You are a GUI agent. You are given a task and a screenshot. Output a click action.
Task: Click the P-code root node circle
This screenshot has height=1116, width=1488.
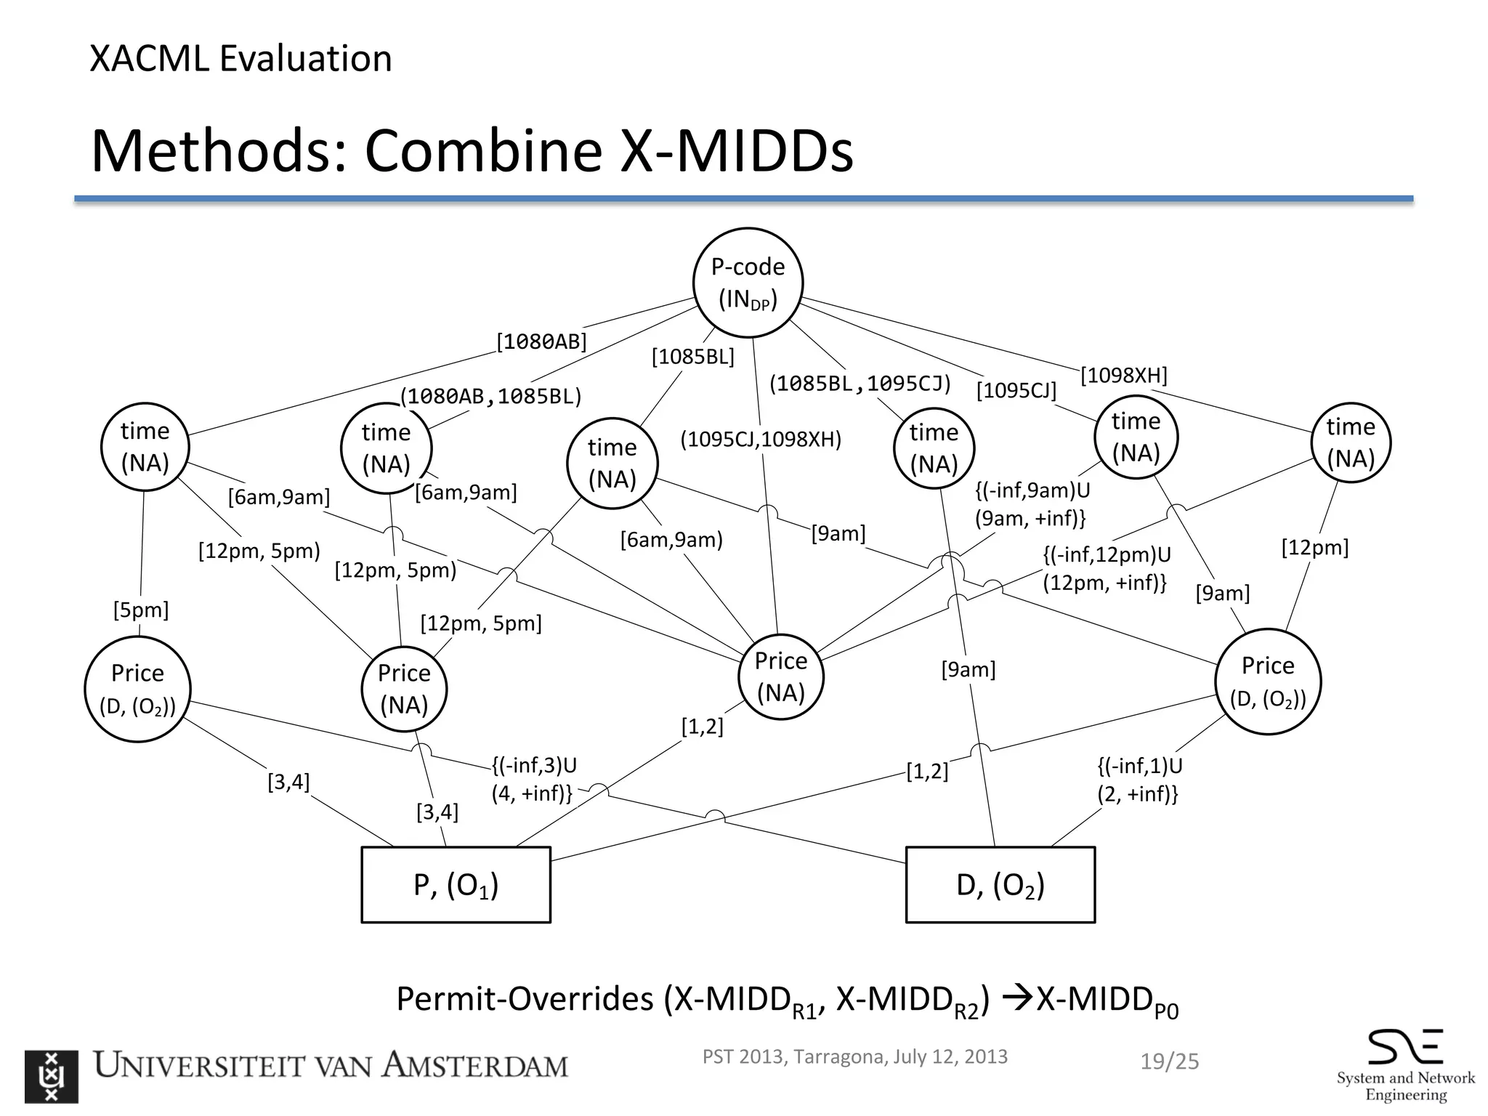point(748,283)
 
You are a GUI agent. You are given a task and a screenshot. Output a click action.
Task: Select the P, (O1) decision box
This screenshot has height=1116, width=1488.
point(456,884)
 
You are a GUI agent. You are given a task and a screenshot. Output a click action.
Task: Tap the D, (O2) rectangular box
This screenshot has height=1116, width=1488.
point(1000,884)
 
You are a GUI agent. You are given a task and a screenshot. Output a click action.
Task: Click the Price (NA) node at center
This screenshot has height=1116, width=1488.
point(781,676)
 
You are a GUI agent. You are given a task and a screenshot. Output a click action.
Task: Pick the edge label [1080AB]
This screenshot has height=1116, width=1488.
point(541,341)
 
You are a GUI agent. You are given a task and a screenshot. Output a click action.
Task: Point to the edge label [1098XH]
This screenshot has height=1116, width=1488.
point(1123,376)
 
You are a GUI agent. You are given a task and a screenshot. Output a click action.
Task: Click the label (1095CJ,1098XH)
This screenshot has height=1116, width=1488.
point(760,440)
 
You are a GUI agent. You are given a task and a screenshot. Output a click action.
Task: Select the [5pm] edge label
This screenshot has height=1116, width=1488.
point(141,610)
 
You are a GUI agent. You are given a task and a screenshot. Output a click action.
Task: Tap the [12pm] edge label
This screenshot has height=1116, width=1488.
point(1314,547)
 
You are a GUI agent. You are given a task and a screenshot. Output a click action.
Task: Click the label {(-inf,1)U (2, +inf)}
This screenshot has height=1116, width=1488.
point(1139,780)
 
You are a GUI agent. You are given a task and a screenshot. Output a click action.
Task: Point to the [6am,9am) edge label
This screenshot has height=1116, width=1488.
point(671,540)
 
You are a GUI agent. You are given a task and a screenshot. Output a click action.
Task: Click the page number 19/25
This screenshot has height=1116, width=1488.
point(1169,1062)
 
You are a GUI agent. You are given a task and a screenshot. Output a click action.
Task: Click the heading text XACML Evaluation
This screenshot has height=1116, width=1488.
point(240,59)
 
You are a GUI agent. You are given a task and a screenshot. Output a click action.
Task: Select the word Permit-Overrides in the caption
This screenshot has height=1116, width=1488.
point(525,999)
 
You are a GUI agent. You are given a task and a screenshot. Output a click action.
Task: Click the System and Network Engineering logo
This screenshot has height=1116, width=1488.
point(1404,1064)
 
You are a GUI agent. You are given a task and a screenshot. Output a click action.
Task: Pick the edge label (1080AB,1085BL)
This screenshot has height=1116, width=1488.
point(491,396)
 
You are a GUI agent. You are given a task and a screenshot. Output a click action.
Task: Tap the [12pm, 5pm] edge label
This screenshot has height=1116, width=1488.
point(481,623)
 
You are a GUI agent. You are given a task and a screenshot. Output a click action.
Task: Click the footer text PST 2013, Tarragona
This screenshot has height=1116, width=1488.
point(792,1056)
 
